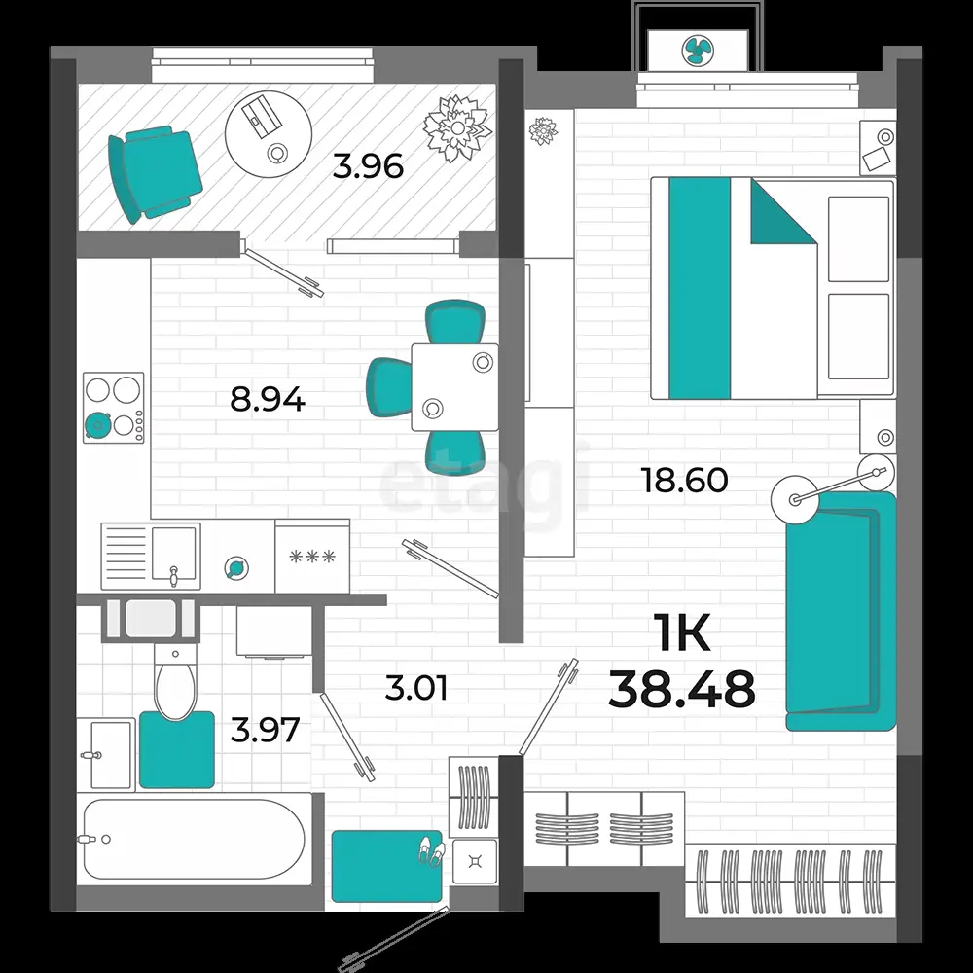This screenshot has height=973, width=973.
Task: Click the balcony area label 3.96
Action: [x=368, y=166]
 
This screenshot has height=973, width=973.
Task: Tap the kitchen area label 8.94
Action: [x=268, y=399]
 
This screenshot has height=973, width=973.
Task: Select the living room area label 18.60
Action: [x=684, y=481]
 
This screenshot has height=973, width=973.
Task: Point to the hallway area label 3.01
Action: [x=415, y=688]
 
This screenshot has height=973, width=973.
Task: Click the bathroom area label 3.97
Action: [x=265, y=730]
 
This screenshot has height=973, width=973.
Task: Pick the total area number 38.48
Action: [x=681, y=689]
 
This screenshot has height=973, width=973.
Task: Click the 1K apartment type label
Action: [x=682, y=632]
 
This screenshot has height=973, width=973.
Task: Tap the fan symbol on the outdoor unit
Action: [x=698, y=51]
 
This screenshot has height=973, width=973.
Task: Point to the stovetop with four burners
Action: [x=114, y=408]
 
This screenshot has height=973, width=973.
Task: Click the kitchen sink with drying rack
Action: [x=151, y=557]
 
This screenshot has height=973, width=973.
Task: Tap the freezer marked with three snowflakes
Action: [x=312, y=556]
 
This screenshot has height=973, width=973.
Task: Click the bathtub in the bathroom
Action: [x=195, y=839]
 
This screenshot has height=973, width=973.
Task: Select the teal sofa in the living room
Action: [x=841, y=611]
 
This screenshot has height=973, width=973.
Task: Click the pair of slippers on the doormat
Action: [x=430, y=850]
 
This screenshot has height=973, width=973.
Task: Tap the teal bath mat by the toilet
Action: [x=177, y=749]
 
